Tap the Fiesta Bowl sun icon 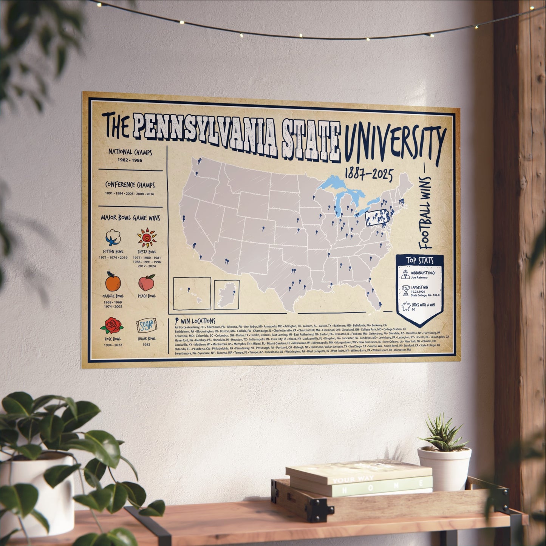click(x=147, y=238)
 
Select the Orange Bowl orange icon click(x=112, y=282)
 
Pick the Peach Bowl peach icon click(x=147, y=283)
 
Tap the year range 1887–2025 click(x=368, y=175)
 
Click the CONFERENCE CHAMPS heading click(x=130, y=185)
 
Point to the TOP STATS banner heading click(x=420, y=261)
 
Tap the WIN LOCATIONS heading click(x=198, y=321)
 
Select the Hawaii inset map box click(x=192, y=293)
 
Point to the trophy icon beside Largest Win click(x=406, y=291)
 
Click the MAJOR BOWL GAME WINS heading click(x=130, y=218)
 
